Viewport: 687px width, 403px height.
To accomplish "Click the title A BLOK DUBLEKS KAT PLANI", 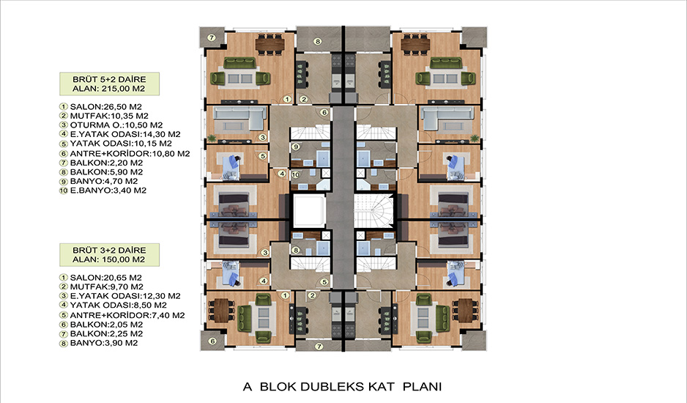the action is pos(342,387).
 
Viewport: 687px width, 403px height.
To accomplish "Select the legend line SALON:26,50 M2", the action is pos(100,106).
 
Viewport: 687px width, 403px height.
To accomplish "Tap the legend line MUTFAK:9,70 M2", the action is pos(101,286).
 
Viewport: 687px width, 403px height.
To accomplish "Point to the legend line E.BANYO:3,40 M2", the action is pos(103,191).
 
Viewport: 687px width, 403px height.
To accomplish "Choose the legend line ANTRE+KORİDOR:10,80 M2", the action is pos(125,153).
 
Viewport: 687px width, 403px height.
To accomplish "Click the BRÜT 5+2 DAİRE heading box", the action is pos(110,84).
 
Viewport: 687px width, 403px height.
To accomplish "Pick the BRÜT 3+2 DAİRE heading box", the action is pos(110,255).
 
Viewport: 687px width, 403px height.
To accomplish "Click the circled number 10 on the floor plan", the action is pos(295,174).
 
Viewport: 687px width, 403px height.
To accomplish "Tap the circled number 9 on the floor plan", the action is pos(295,147).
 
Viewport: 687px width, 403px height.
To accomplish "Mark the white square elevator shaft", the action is pos(309,211).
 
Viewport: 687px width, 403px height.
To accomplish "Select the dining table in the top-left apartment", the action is pos(270,44).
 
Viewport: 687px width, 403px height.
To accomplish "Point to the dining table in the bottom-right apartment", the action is pos(465,310).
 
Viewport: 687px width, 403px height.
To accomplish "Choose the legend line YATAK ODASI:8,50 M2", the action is pos(113,306).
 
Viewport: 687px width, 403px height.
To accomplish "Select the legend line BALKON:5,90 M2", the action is pos(101,172).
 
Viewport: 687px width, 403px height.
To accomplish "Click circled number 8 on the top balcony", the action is pos(318,42).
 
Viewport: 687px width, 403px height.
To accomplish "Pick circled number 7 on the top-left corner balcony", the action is pos(211,37).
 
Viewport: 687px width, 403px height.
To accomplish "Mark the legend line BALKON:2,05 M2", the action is pos(101,325).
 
